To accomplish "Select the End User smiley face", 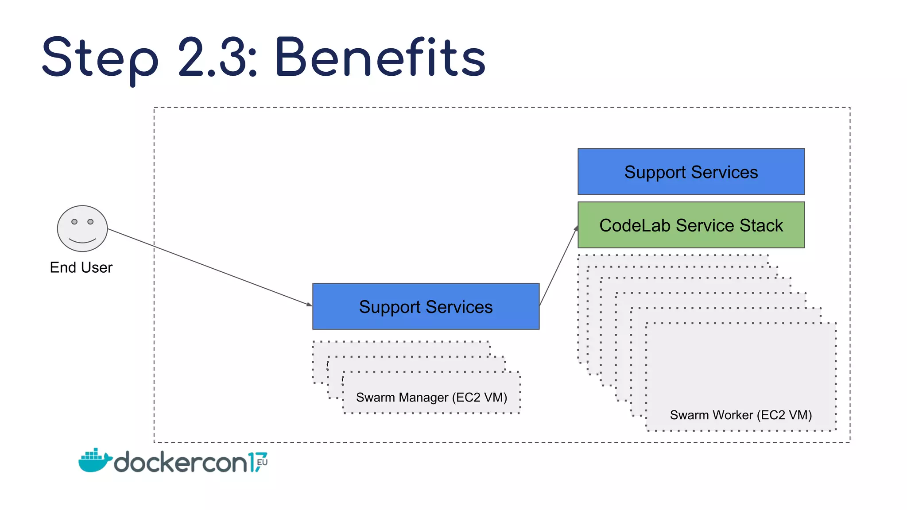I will (x=82, y=228).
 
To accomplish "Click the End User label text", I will (x=81, y=267).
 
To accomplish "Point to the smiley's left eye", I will (x=74, y=221).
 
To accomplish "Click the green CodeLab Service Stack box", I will (x=691, y=225).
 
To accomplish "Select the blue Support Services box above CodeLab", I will (x=691, y=172).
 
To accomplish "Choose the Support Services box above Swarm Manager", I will (x=426, y=306).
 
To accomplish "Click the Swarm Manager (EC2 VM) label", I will (x=431, y=397).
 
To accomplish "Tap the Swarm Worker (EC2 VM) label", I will (x=740, y=415).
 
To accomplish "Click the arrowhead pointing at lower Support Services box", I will (x=309, y=304).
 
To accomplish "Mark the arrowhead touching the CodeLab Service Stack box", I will (x=576, y=228).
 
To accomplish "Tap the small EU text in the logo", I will (x=262, y=462).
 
